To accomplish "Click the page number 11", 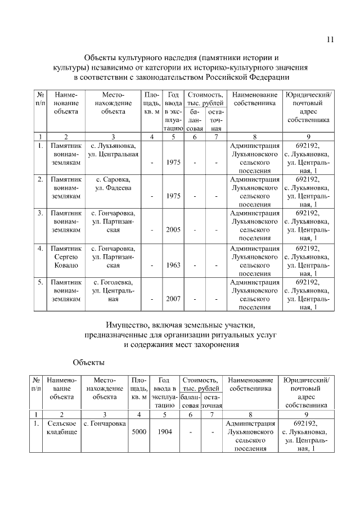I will point(330,39).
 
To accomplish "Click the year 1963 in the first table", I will point(173,265).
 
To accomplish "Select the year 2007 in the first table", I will point(173,299).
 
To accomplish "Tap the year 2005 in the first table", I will point(173,230).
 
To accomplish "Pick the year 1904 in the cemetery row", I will point(164,432).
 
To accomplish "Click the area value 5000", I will point(138,432).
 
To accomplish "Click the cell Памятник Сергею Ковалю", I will point(66,256).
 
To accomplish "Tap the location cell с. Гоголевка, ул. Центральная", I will point(113,291).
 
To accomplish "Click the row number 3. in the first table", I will point(40,213).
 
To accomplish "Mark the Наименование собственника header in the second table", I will point(252,385).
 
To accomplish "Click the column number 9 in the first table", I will point(308,137).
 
